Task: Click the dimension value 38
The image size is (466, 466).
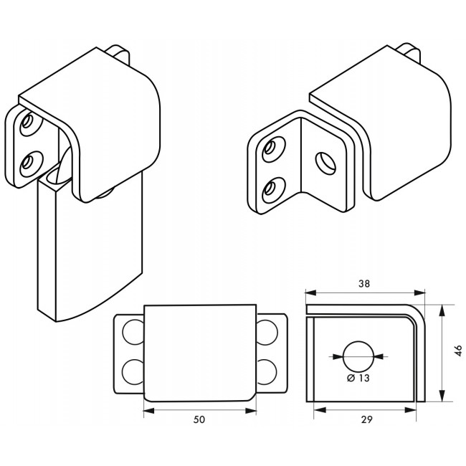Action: coord(364,283)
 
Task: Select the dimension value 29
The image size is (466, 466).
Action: coord(365,419)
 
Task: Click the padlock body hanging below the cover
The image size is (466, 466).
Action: coord(90,251)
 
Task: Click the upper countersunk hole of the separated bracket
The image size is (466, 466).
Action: coord(271,148)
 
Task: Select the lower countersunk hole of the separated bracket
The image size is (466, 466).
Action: coord(270,188)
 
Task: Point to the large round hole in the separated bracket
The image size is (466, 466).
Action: coord(325,163)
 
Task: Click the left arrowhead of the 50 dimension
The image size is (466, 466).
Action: coord(147,411)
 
